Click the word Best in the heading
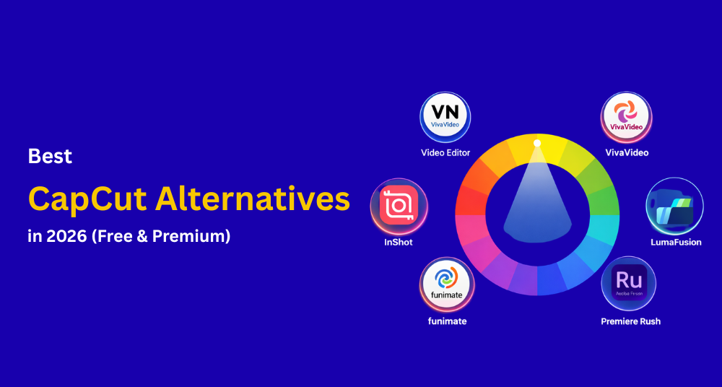coord(50,156)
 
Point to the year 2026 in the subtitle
coord(61,235)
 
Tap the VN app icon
coord(445,116)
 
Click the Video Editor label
coord(445,153)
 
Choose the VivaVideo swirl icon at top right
coord(627,116)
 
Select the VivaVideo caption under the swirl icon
coord(627,153)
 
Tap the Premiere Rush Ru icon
coord(627,284)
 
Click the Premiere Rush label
coord(630,321)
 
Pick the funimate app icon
coord(445,284)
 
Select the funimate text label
coord(445,321)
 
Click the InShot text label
coord(399,243)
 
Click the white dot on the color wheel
coord(536,143)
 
